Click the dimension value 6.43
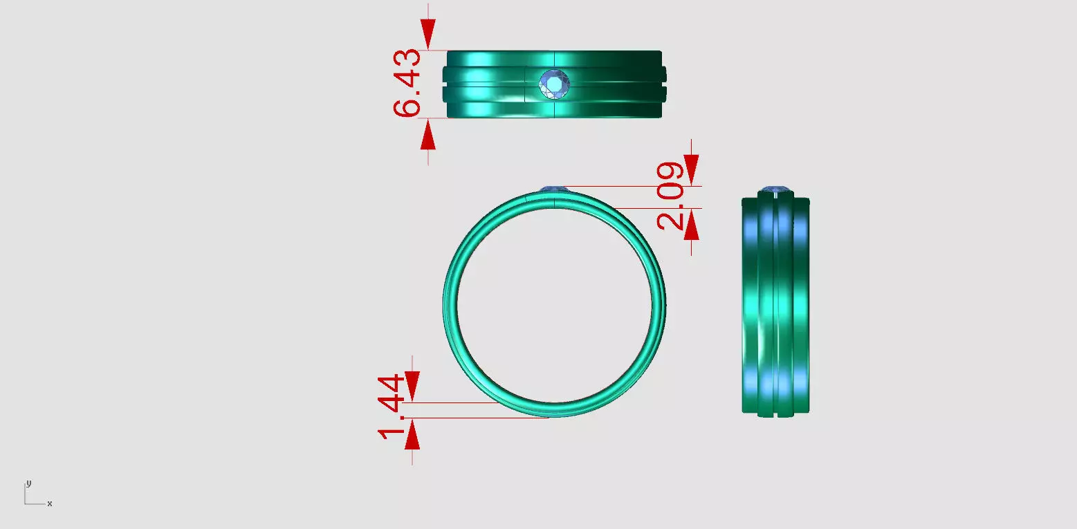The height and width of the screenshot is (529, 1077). (407, 83)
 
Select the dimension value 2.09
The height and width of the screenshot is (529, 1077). (670, 196)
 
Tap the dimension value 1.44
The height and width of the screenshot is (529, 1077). (392, 407)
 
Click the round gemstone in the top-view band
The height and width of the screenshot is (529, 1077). (555, 84)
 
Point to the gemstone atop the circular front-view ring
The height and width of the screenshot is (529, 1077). (553, 189)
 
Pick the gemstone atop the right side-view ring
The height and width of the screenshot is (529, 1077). (775, 189)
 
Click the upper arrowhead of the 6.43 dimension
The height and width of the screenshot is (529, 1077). (428, 31)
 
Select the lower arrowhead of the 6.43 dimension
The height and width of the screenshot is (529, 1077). (428, 137)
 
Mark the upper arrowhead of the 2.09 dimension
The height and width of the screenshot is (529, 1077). (691, 167)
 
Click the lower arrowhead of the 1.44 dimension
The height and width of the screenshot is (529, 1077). (412, 436)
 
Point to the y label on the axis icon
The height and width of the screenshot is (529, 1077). (28, 483)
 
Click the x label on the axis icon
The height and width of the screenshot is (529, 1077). (50, 503)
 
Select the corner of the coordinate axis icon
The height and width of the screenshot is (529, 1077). (26, 503)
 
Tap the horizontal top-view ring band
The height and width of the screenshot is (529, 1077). (484, 84)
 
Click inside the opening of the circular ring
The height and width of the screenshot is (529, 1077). (553, 304)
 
